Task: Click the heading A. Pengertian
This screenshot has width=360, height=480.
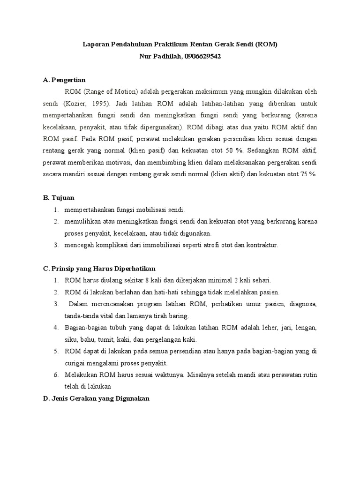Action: tap(64, 80)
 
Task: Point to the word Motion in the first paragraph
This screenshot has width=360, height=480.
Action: tap(120, 91)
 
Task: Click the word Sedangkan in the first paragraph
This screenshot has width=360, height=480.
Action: tap(269, 151)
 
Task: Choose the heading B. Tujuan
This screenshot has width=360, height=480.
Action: tap(59, 197)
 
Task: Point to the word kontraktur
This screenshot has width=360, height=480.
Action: tap(261, 245)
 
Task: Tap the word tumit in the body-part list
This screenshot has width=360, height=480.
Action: tap(121, 339)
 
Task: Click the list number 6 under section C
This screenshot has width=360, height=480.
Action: tap(55, 375)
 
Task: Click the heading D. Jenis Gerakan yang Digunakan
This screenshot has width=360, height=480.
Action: tap(96, 398)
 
